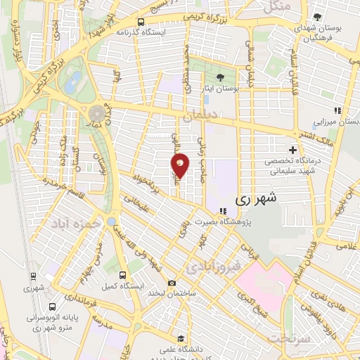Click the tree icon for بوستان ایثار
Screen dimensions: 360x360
(222, 77)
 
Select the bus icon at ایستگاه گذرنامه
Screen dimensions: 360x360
(142, 22)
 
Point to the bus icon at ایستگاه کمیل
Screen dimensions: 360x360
(123, 275)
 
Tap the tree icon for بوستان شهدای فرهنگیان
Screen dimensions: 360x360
(319, 16)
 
